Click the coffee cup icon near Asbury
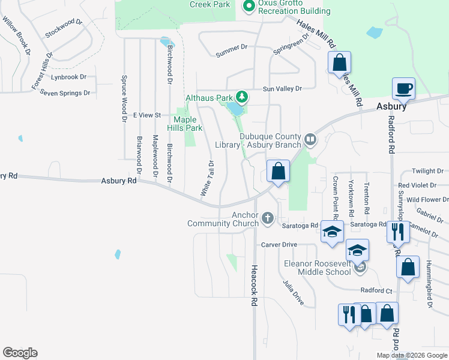403,89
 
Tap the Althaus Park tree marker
241,97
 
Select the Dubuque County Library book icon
310,139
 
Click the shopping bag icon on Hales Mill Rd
339,62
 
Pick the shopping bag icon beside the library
278,171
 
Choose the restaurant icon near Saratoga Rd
396,231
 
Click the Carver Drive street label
279,245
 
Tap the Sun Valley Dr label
281,88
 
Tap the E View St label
148,115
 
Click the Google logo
20,353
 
